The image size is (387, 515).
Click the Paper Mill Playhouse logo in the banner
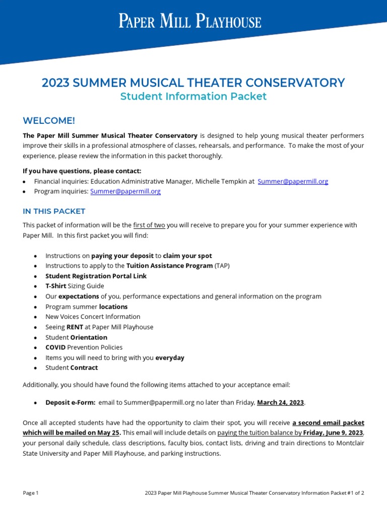190,22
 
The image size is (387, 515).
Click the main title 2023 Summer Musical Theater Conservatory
193,83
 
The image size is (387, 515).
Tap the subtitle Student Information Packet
193,97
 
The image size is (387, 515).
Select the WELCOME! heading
49,120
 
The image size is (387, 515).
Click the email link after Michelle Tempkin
293,182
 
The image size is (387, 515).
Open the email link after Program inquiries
125,192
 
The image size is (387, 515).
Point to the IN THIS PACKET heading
54,211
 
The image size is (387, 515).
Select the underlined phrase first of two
149,225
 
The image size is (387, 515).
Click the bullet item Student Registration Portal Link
96,276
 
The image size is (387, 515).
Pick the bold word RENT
75,327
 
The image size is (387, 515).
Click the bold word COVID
55,348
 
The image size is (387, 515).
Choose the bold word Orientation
89,337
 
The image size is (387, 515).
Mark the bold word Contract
84,368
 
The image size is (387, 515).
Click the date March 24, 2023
281,402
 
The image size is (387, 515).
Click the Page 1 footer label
31,493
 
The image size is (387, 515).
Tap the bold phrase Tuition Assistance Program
169,266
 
